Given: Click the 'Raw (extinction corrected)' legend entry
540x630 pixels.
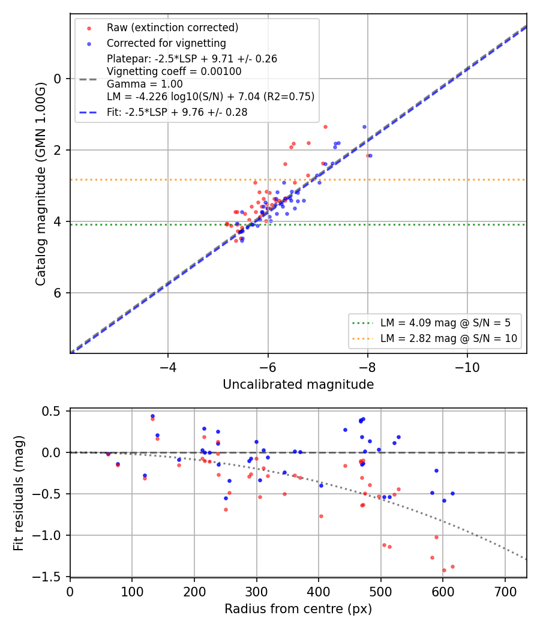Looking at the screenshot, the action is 172,28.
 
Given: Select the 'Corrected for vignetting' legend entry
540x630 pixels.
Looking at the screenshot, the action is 166,43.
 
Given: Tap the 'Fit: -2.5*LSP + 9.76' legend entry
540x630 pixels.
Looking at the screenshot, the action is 177,112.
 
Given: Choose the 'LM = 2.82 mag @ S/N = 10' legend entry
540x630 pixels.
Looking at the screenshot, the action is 449,339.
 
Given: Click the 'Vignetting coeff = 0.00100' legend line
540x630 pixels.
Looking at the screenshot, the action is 174,71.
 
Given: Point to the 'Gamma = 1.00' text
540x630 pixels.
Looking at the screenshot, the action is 145,84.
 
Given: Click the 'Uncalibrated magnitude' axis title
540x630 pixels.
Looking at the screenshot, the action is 298,385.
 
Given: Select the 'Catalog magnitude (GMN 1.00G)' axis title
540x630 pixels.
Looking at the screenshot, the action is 41,184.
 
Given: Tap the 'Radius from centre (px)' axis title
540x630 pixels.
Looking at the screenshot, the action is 298,609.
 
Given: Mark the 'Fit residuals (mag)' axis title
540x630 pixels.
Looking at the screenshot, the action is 19,493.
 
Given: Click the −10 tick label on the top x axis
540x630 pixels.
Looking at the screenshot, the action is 467,367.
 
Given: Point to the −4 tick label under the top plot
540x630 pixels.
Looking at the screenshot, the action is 168,367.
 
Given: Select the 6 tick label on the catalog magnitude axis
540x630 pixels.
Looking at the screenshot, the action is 58,293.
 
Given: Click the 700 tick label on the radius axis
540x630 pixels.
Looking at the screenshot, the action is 505,592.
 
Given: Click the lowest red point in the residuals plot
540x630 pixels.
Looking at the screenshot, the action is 444,570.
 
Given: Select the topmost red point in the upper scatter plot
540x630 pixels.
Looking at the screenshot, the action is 325,127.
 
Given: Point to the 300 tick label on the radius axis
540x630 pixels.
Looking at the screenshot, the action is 256,592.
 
